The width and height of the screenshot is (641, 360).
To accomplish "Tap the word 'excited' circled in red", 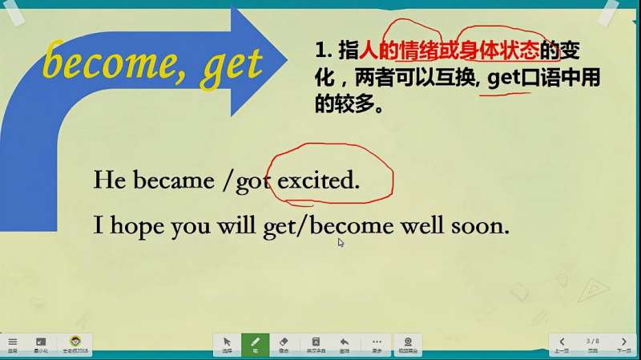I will point(318,180).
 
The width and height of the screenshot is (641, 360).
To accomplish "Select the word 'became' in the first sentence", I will point(174,180).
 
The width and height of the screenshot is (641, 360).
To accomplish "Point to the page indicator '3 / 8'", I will point(593,341).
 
